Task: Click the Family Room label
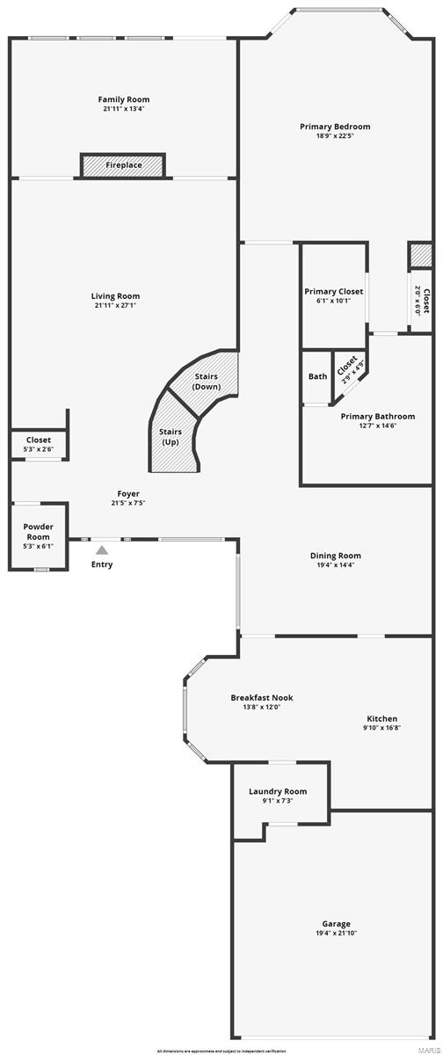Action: pyautogui.click(x=122, y=99)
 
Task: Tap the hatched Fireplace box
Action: pyautogui.click(x=123, y=165)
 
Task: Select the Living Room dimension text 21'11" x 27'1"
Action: pyautogui.click(x=115, y=305)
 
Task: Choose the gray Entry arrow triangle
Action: pyautogui.click(x=102, y=549)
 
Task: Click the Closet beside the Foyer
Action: pyautogui.click(x=39, y=444)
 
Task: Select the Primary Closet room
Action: pyautogui.click(x=333, y=295)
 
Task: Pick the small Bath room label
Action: pyautogui.click(x=317, y=376)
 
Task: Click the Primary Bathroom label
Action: pyautogui.click(x=377, y=416)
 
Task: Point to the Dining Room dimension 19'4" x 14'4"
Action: pyautogui.click(x=335, y=564)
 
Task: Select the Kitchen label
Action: pyautogui.click(x=381, y=718)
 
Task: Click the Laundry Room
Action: pyautogui.click(x=278, y=796)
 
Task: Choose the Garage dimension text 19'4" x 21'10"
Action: pyautogui.click(x=336, y=933)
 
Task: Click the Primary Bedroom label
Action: pyautogui.click(x=335, y=127)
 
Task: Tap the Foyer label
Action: pyautogui.click(x=128, y=493)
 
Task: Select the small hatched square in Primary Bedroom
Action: pyautogui.click(x=419, y=255)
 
